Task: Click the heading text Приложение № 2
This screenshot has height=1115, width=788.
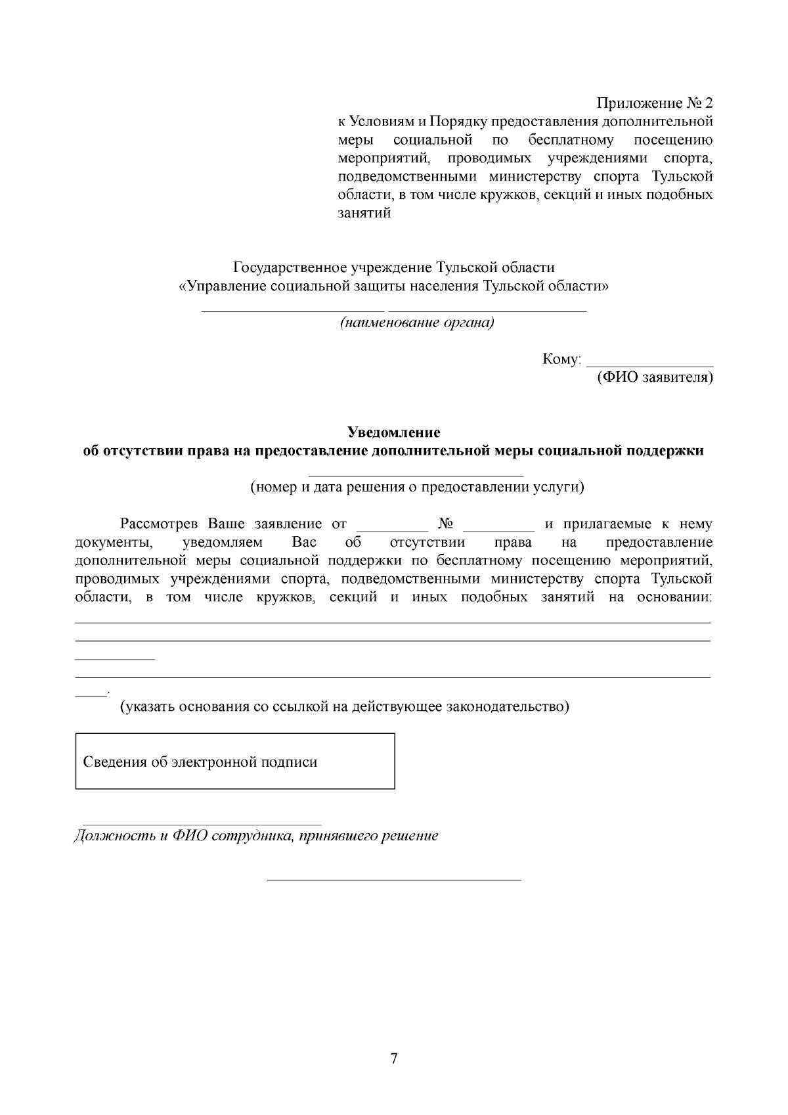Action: click(654, 103)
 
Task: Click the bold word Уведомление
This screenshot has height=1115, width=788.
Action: click(393, 432)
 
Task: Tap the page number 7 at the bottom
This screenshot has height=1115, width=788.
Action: click(393, 1058)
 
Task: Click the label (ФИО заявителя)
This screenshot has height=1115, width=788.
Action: click(654, 378)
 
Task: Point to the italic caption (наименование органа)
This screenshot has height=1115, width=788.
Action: click(416, 323)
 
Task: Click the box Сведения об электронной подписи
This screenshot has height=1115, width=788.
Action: click(234, 761)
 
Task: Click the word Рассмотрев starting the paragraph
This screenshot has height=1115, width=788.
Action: click(160, 524)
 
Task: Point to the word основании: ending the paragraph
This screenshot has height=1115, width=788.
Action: click(674, 597)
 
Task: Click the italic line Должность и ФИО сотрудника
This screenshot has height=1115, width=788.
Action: click(255, 836)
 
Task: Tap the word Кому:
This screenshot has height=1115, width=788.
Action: click(561, 359)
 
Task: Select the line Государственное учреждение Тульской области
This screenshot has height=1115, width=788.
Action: click(393, 268)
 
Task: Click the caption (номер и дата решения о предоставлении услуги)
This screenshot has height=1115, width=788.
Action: click(416, 488)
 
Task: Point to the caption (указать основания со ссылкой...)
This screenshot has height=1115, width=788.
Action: click(343, 707)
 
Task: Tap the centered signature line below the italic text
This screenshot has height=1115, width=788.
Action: click(393, 878)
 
